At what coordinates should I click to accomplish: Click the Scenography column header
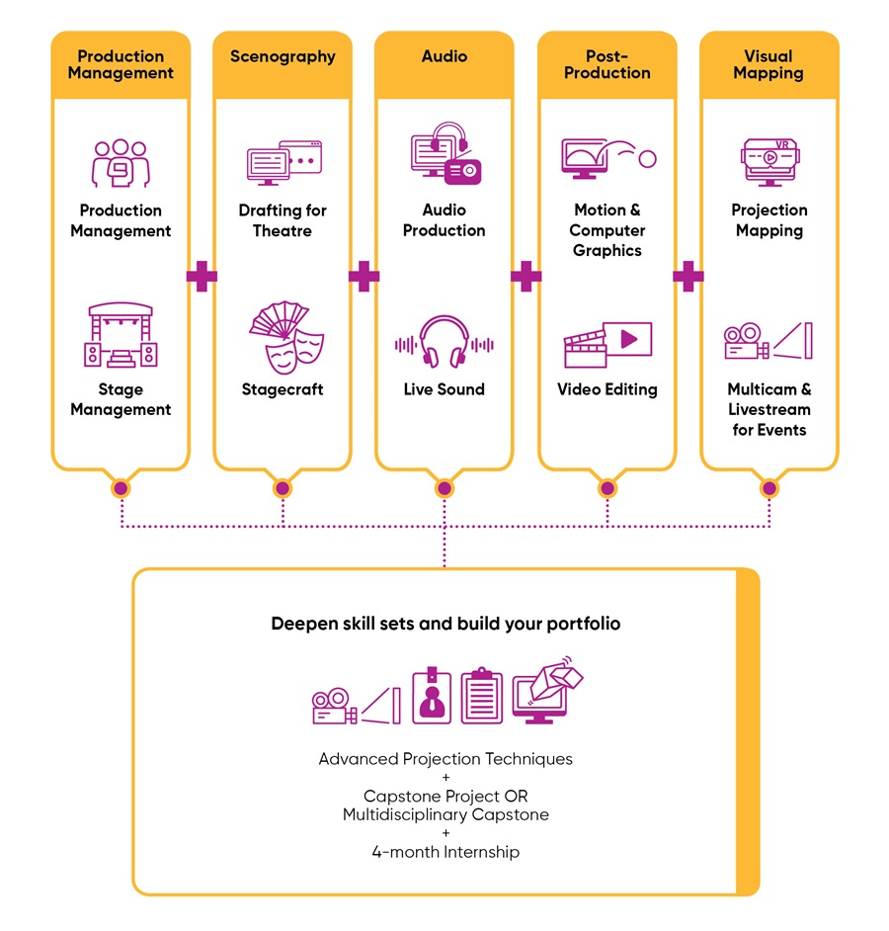coord(283,56)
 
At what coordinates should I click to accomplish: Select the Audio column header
coord(444,56)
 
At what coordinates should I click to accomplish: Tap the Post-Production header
coord(606,64)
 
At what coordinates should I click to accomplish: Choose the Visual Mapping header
coord(768,64)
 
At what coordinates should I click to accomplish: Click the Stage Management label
coord(121,399)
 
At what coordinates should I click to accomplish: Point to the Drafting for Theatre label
coord(283,220)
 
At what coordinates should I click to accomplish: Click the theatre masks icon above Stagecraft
coord(286,337)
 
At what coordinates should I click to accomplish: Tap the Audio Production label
coord(444,220)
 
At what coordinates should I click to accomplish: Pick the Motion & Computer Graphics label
coord(606,230)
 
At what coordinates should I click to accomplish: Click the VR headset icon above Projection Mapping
coord(769,161)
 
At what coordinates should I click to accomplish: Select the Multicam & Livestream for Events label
coord(769,409)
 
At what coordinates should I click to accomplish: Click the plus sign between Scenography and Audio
coord(364,276)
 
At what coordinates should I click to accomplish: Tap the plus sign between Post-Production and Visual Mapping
coord(687,276)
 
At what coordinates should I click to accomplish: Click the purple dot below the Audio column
coord(444,488)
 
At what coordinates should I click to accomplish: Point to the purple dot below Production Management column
coord(121,488)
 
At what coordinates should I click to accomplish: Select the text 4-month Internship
coord(445,851)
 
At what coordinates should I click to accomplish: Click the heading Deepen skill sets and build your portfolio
coord(445,625)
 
